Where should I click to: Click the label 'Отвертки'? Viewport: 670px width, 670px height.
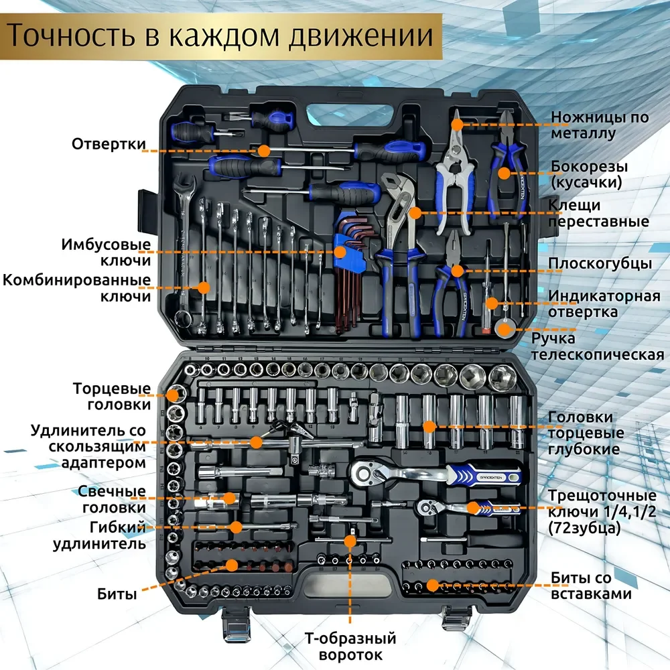(x=109, y=144)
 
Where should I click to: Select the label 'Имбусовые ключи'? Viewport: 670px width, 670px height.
(x=107, y=252)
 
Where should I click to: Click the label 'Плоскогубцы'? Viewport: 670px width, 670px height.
(x=600, y=263)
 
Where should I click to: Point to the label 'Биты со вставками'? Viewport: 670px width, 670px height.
(x=590, y=585)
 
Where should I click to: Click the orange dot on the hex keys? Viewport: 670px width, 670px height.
(x=340, y=252)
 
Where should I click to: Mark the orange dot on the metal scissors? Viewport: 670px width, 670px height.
(x=457, y=124)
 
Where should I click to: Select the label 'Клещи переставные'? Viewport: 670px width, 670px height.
(x=598, y=213)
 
